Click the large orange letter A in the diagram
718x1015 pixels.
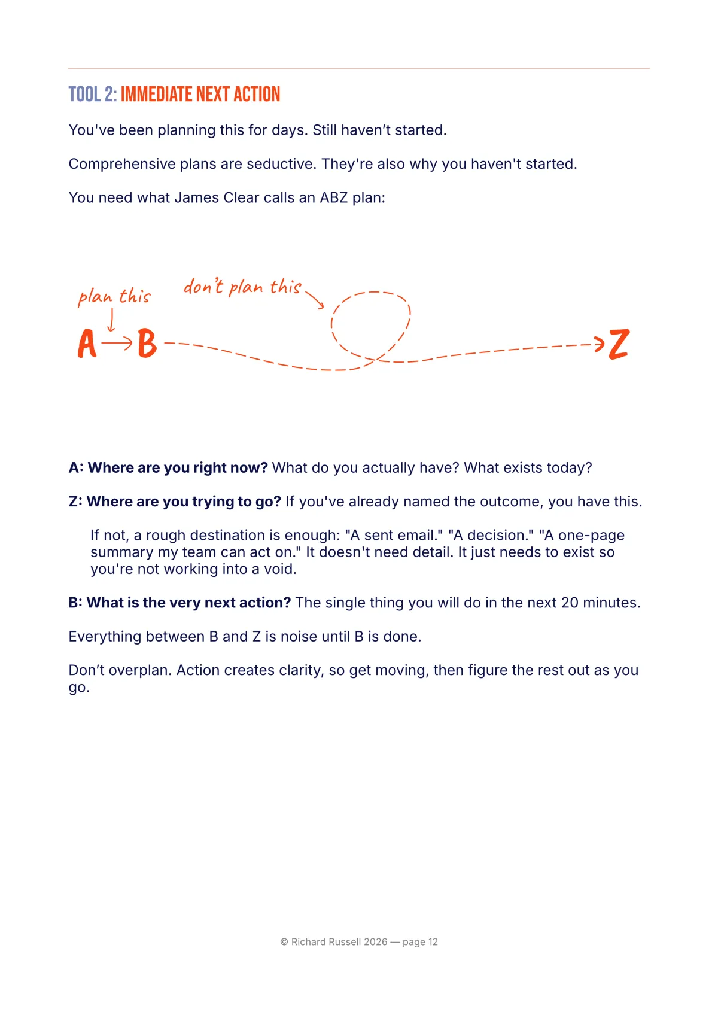click(87, 344)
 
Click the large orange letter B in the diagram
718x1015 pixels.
click(147, 344)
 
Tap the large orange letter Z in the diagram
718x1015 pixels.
click(619, 344)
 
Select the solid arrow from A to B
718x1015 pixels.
click(117, 343)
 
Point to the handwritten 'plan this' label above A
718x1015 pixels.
click(114, 296)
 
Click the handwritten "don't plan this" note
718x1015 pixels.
click(242, 287)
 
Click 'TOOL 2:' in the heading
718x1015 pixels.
click(93, 95)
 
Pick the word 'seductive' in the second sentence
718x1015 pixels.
click(279, 164)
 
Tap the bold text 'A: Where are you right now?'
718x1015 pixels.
click(168, 467)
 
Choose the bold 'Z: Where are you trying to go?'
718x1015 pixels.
click(175, 502)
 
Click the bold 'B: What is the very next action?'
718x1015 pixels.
click(180, 603)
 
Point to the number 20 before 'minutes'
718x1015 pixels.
click(570, 603)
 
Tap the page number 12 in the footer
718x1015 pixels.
click(433, 942)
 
